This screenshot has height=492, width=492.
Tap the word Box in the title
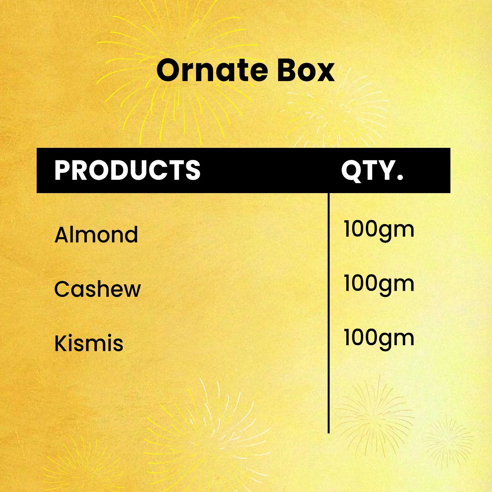click(x=305, y=70)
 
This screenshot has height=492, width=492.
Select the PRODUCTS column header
click(x=127, y=170)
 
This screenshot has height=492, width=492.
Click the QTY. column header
click(x=372, y=170)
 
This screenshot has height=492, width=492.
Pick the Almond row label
click(x=96, y=235)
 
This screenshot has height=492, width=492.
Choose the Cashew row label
click(x=97, y=289)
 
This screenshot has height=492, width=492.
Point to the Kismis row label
click(x=89, y=343)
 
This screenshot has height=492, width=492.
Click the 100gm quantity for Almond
click(x=379, y=229)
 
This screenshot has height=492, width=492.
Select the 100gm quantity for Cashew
click(x=379, y=284)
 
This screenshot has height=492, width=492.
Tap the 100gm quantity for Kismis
click(x=379, y=338)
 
